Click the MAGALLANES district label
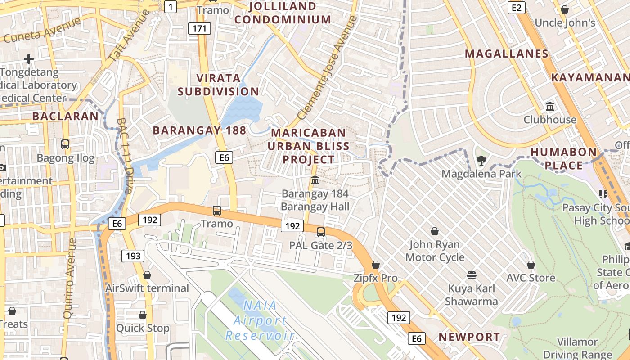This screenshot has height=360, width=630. coord(507,54)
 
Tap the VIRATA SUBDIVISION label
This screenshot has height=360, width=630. coord(218,85)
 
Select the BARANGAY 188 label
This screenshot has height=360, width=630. coord(199,130)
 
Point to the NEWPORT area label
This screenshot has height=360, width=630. coord(469,337)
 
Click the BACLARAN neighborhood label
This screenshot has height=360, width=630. coord(65,116)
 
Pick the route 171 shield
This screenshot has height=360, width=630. coord(199,29)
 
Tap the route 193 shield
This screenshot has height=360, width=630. coord(133,256)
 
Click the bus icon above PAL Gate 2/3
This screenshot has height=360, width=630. coord(320,232)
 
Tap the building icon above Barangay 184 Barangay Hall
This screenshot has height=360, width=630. coord(315,180)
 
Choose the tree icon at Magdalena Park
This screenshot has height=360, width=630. coord(481,160)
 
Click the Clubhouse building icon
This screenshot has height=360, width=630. coord(549,107)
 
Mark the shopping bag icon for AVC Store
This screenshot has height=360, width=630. coord(531,265)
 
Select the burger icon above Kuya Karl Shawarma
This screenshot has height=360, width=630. coord(472,275)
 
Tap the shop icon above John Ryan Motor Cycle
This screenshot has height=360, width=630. coord(435,232)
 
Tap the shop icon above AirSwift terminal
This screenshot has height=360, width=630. coord(147,275)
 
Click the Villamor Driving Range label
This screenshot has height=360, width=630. coord(577,348)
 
